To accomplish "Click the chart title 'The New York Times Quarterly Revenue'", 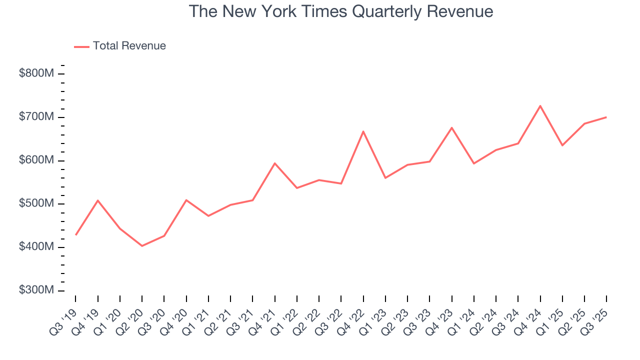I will pyautogui.click(x=341, y=11).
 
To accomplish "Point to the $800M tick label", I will pyautogui.click(x=36, y=73).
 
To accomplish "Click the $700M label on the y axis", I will pyautogui.click(x=36, y=117).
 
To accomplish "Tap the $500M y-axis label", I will pyautogui.click(x=36, y=204).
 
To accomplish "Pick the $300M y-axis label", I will pyautogui.click(x=36, y=290).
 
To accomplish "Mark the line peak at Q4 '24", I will pyautogui.click(x=540, y=105).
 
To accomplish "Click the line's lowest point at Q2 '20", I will pyautogui.click(x=142, y=246).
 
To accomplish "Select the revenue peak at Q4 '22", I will pyautogui.click(x=363, y=131).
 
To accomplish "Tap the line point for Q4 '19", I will pyautogui.click(x=98, y=200).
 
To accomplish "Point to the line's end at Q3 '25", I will pyautogui.click(x=606, y=117).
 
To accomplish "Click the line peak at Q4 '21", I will pyautogui.click(x=275, y=163).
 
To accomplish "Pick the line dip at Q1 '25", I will pyautogui.click(x=562, y=145).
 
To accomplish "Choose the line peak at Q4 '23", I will pyautogui.click(x=451, y=127).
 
